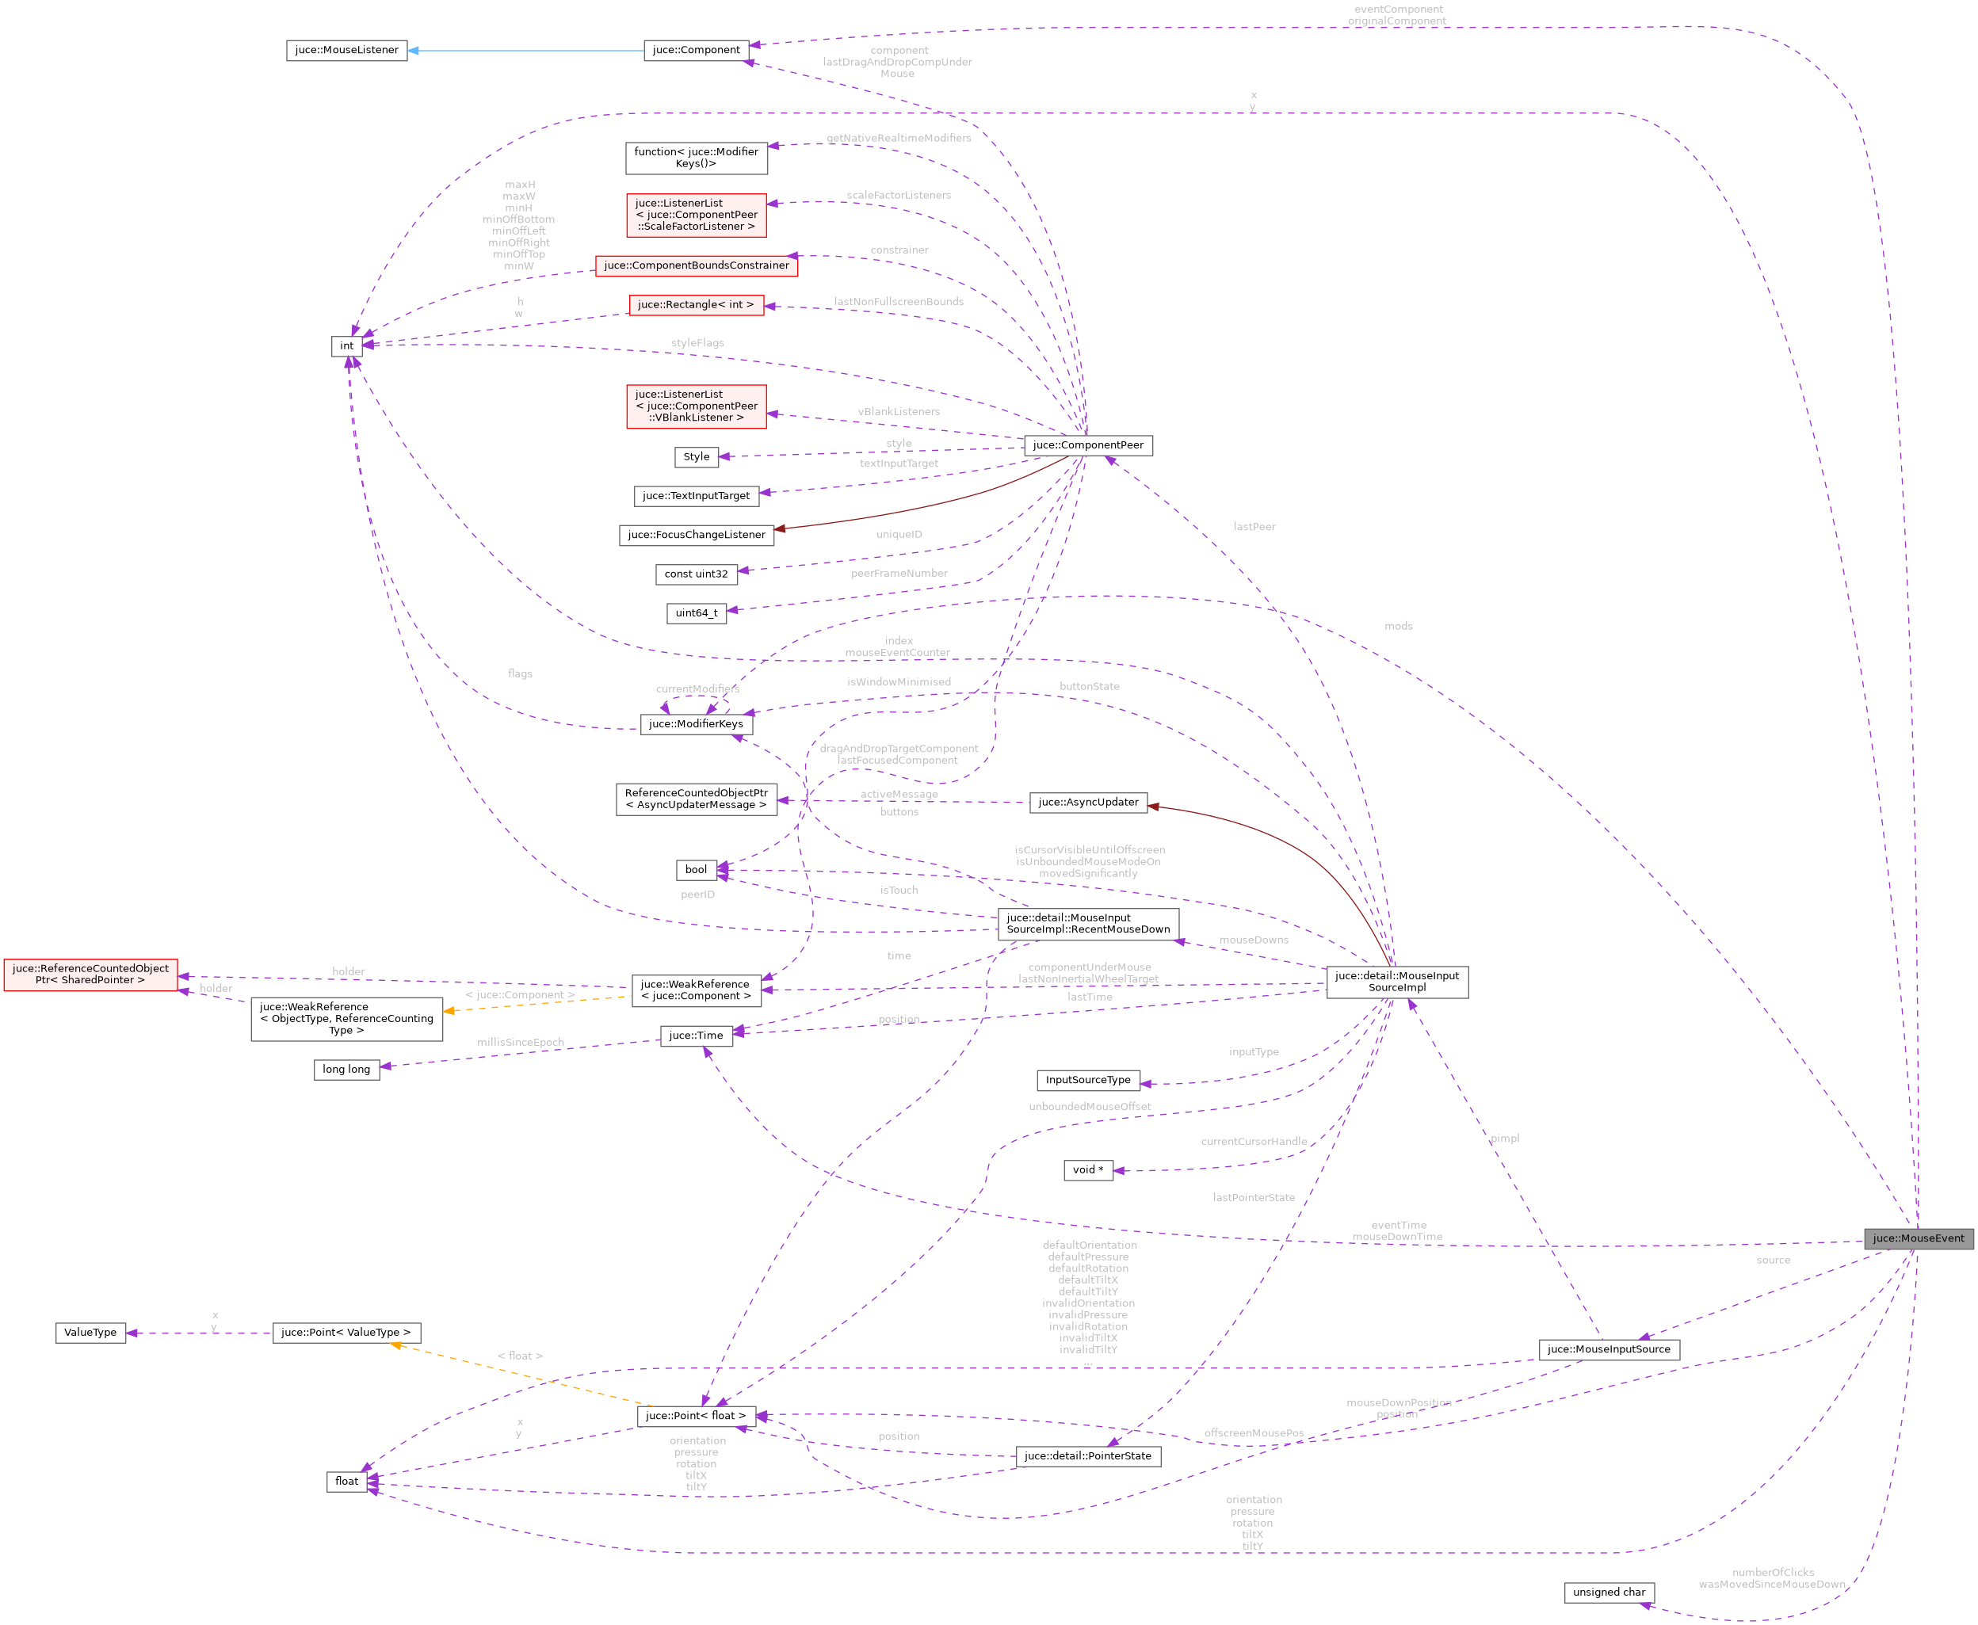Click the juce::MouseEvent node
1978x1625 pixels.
(1917, 1238)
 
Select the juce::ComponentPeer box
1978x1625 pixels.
(1088, 445)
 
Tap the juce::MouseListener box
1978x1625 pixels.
(346, 51)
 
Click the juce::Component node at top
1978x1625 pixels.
(696, 51)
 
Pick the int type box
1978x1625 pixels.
(346, 346)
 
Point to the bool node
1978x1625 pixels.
(696, 870)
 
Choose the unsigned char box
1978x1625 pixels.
(1608, 1593)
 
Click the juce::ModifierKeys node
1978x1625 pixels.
(696, 724)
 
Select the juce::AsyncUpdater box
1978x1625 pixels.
(1088, 803)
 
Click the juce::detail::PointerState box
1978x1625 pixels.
(1088, 1456)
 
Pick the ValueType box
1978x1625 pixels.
(91, 1333)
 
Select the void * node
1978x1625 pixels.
(1088, 1170)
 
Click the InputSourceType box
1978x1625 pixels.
(1088, 1080)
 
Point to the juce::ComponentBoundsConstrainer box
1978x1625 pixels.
(696, 266)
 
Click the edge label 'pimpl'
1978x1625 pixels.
(1504, 1139)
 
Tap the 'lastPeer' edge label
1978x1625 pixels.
(1254, 527)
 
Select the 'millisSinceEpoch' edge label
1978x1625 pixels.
(521, 1043)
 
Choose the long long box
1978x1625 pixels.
(346, 1070)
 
